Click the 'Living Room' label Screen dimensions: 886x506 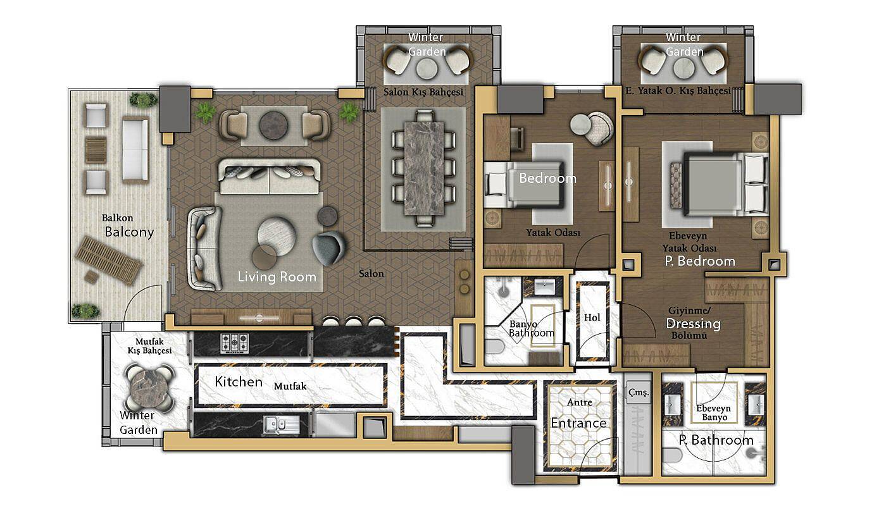[277, 277]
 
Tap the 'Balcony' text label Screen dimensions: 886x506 [129, 231]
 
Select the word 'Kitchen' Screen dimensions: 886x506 [239, 381]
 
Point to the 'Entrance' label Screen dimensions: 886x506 [578, 423]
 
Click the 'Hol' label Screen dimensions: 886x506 [592, 318]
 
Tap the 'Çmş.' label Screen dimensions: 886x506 [639, 393]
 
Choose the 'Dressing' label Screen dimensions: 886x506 [694, 324]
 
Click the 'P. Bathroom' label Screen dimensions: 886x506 [716, 440]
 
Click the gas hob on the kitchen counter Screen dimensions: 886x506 [235, 343]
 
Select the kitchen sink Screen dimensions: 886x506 [281, 425]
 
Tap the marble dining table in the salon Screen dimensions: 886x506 [424, 168]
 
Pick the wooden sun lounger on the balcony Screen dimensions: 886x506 [108, 260]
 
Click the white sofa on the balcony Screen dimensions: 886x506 [135, 150]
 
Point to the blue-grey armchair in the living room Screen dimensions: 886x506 [329, 248]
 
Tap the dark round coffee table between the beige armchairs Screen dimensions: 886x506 [273, 125]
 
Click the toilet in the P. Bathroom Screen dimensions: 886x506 [674, 455]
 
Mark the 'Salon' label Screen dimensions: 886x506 [371, 273]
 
